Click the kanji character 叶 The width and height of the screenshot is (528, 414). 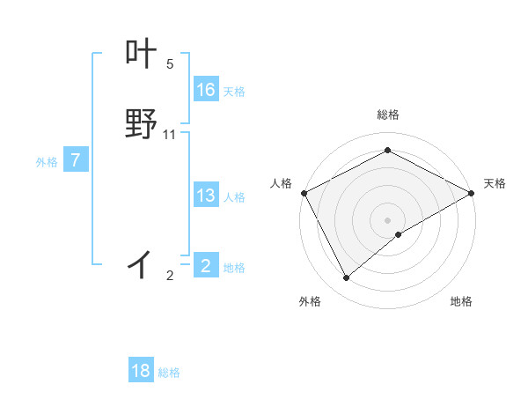pyautogui.click(x=141, y=55)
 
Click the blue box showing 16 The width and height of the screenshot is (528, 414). pyautogui.click(x=206, y=90)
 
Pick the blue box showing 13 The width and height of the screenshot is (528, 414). pyautogui.click(x=206, y=196)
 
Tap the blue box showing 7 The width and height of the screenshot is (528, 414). pyautogui.click(x=76, y=160)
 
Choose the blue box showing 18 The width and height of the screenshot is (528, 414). pyautogui.click(x=141, y=371)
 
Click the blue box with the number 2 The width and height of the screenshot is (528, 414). pyautogui.click(x=206, y=265)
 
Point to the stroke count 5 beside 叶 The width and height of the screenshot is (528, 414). pyautogui.click(x=170, y=64)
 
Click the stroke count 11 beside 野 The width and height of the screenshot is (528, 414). pyautogui.click(x=170, y=135)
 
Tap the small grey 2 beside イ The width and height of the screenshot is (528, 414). pyautogui.click(x=170, y=276)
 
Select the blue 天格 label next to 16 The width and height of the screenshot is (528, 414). pyautogui.click(x=234, y=92)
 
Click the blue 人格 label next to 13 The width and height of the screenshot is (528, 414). pyautogui.click(x=234, y=197)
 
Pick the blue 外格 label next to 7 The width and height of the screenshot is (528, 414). pyautogui.click(x=47, y=162)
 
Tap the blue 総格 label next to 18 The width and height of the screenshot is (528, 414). pyautogui.click(x=169, y=373)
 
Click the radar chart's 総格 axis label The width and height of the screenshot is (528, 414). pyautogui.click(x=387, y=115)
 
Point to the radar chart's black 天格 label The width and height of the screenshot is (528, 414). pyautogui.click(x=495, y=183)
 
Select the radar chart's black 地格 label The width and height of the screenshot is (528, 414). pyautogui.click(x=461, y=302)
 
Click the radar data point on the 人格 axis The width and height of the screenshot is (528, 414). pyautogui.click(x=304, y=192)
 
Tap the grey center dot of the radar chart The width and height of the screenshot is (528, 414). pyautogui.click(x=387, y=219)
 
